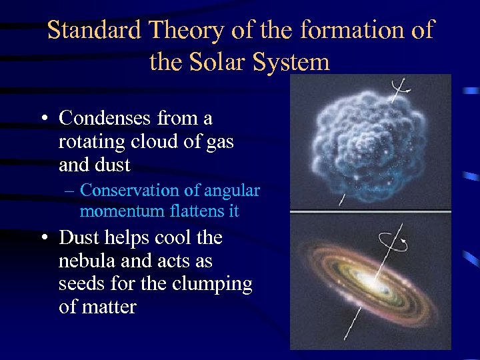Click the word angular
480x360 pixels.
pyautogui.click(x=231, y=191)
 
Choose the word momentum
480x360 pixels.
pyautogui.click(x=114, y=211)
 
